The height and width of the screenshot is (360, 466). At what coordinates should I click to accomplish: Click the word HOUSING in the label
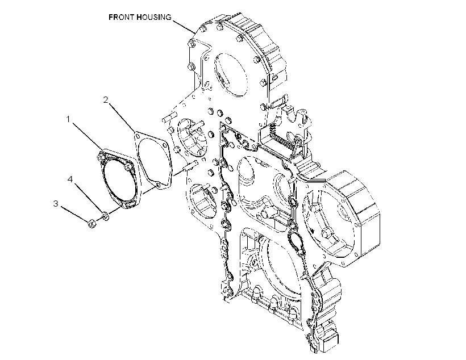coord(154,17)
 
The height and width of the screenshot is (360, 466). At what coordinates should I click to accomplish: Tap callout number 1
coord(68,119)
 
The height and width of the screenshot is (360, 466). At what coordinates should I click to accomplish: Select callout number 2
coord(106,100)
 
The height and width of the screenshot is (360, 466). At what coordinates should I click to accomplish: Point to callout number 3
coord(56,204)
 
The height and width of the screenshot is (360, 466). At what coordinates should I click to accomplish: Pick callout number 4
coord(70,179)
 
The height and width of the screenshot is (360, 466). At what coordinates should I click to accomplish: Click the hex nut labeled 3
coord(91,223)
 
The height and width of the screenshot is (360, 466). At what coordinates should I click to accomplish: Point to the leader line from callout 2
coord(122,117)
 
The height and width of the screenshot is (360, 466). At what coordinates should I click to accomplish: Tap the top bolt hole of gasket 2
coord(138,136)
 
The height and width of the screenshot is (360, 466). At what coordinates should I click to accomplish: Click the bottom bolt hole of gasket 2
coord(159,186)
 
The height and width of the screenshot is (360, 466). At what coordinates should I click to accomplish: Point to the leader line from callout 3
coord(75,215)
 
